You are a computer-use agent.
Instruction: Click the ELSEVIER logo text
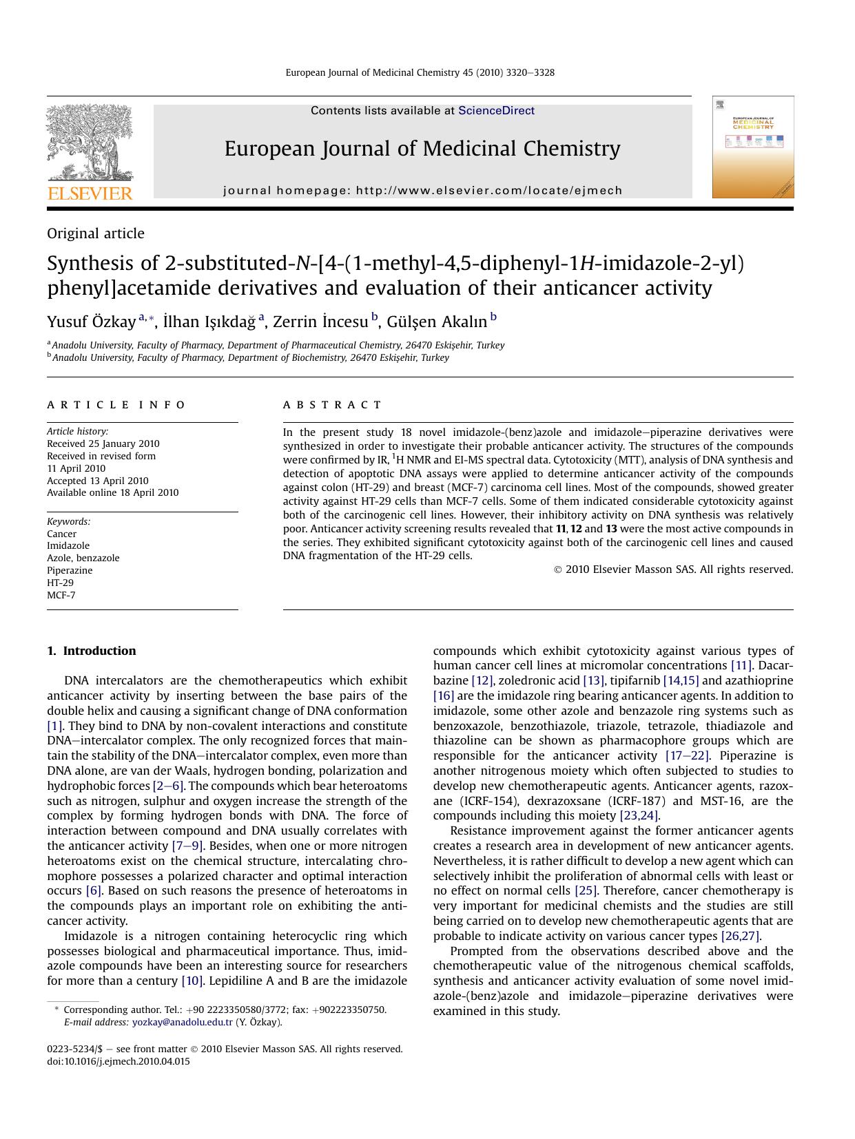tap(90, 194)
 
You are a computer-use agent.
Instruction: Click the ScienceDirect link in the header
tap(496, 110)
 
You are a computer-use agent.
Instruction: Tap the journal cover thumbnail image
tap(752, 147)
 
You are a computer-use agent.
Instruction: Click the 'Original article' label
tap(96, 233)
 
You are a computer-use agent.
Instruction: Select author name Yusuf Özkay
tap(91, 322)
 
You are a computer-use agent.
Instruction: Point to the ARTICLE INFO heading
tap(116, 405)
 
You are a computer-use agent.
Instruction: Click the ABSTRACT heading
tap(332, 405)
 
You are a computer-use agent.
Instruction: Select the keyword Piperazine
tap(70, 570)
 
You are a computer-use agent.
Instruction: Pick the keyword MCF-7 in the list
tap(61, 595)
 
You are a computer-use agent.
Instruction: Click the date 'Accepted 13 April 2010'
tap(97, 481)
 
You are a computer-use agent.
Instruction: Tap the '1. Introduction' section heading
tap(92, 651)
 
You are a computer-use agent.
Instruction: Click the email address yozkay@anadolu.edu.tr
tap(183, 1022)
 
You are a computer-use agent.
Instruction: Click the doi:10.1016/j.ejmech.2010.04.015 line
tap(118, 1061)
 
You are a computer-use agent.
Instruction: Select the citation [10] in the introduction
tap(192, 981)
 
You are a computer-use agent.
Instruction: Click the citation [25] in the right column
tap(586, 890)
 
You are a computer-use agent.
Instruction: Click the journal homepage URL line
tap(422, 191)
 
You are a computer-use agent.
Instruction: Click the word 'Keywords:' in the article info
tap(68, 521)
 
